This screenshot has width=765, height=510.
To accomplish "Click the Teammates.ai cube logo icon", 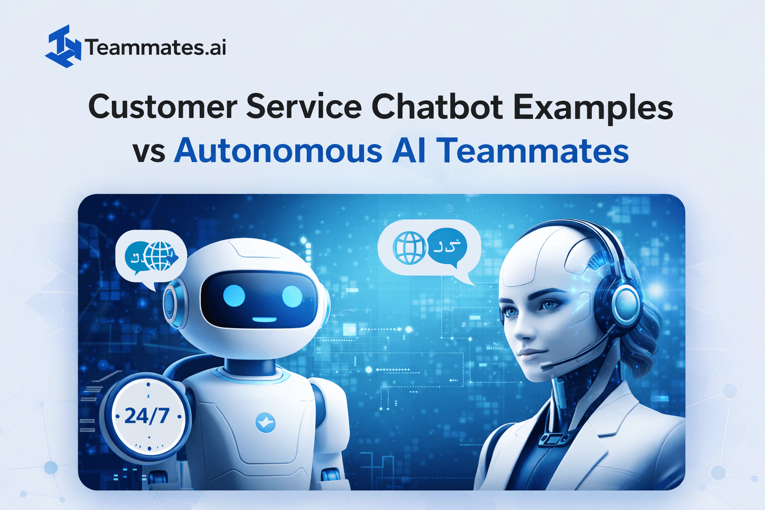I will pos(63,46).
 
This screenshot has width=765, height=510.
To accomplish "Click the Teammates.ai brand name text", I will pos(156,48).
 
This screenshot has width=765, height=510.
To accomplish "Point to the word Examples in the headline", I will pos(593,108).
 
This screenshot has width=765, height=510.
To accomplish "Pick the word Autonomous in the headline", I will pos(278,150).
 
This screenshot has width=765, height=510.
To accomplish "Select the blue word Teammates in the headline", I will pos(532,150).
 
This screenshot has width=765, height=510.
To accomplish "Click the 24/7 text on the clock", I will pos(147,416).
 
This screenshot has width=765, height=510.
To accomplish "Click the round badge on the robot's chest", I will pos(265,422).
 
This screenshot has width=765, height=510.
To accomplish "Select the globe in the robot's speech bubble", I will pos(159,256).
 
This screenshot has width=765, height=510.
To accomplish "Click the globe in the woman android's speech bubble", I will pos(409,248).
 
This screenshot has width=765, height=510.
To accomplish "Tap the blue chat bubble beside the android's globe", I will pos(447,246).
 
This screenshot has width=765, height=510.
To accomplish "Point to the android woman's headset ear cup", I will pos(626,304).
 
